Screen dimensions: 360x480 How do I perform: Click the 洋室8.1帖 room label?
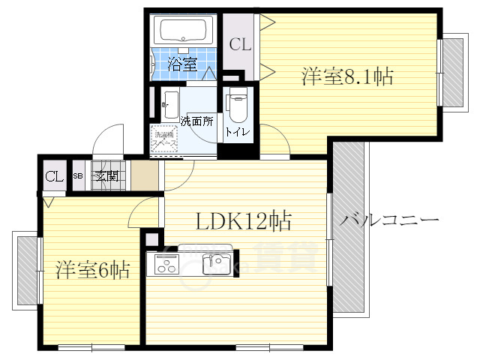coord(348,76)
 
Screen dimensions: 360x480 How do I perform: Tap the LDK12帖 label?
coord(244,221)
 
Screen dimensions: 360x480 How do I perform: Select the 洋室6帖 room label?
coord(92,270)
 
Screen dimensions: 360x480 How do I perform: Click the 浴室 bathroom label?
coord(182,64)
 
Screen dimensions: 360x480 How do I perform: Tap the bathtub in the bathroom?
coord(184,31)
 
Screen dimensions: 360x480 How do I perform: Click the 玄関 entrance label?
coord(106,177)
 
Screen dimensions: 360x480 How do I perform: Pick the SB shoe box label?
coord(78,177)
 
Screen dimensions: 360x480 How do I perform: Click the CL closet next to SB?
coord(53,177)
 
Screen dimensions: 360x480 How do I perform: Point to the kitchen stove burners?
coord(166,265)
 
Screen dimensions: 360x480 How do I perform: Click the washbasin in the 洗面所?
coord(169,100)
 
